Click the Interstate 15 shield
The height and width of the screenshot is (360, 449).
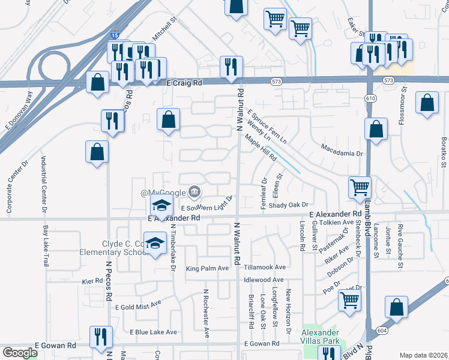coord(114,36)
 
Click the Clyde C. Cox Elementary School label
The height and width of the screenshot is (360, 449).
coord(114,248)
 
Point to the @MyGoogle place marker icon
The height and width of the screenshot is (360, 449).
coord(194,192)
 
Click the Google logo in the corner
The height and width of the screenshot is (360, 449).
coord(20,353)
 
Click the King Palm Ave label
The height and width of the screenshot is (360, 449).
coord(208,268)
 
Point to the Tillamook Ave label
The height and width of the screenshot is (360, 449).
coord(264,267)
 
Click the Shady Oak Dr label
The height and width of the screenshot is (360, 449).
coord(288,205)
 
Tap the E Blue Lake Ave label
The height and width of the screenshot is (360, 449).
coord(153,332)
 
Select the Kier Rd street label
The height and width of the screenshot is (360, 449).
coord(93,281)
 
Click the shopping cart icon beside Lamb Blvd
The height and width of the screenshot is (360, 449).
coord(360,187)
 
